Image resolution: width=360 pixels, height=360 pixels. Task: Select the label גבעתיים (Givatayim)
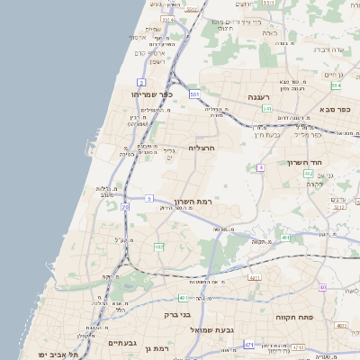[x=121, y=342]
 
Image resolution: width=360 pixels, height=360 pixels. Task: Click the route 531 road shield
[x=193, y=93]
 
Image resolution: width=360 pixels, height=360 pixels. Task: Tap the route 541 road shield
[x=266, y=109]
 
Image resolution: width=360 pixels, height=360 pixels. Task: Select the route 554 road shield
[x=335, y=85]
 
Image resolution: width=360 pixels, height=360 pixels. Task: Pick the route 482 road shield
[x=159, y=246]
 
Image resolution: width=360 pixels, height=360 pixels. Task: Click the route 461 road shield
[x=284, y=238]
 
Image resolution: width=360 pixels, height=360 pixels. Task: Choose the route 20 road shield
[x=124, y=207]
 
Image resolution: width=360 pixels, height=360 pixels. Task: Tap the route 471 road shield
[x=248, y=345]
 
